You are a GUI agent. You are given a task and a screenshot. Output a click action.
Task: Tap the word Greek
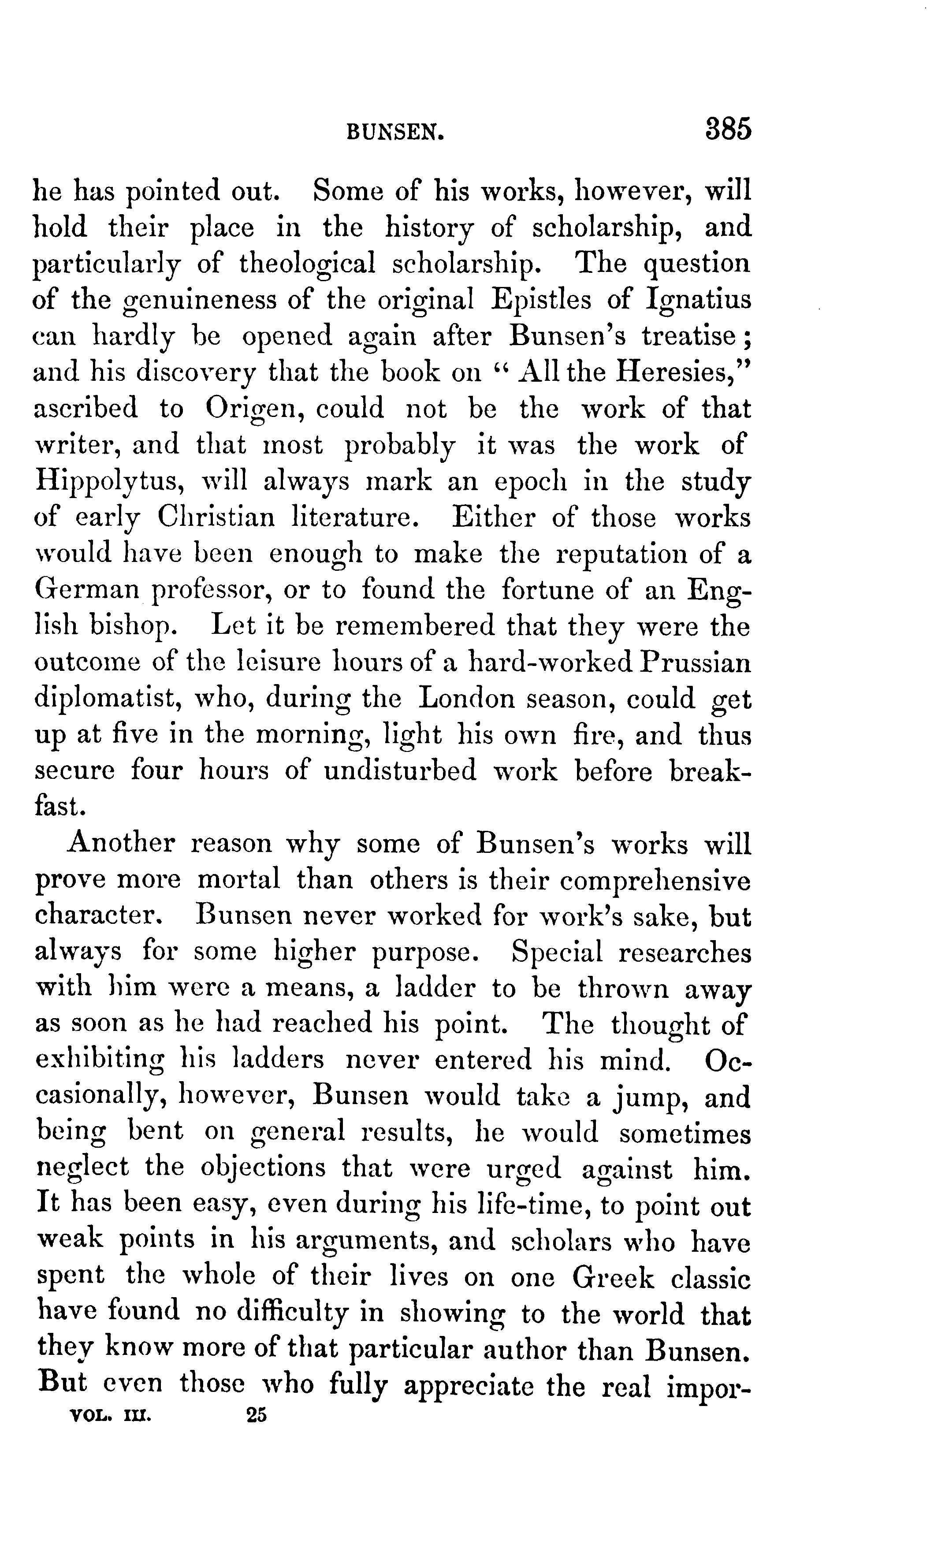(614, 1279)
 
